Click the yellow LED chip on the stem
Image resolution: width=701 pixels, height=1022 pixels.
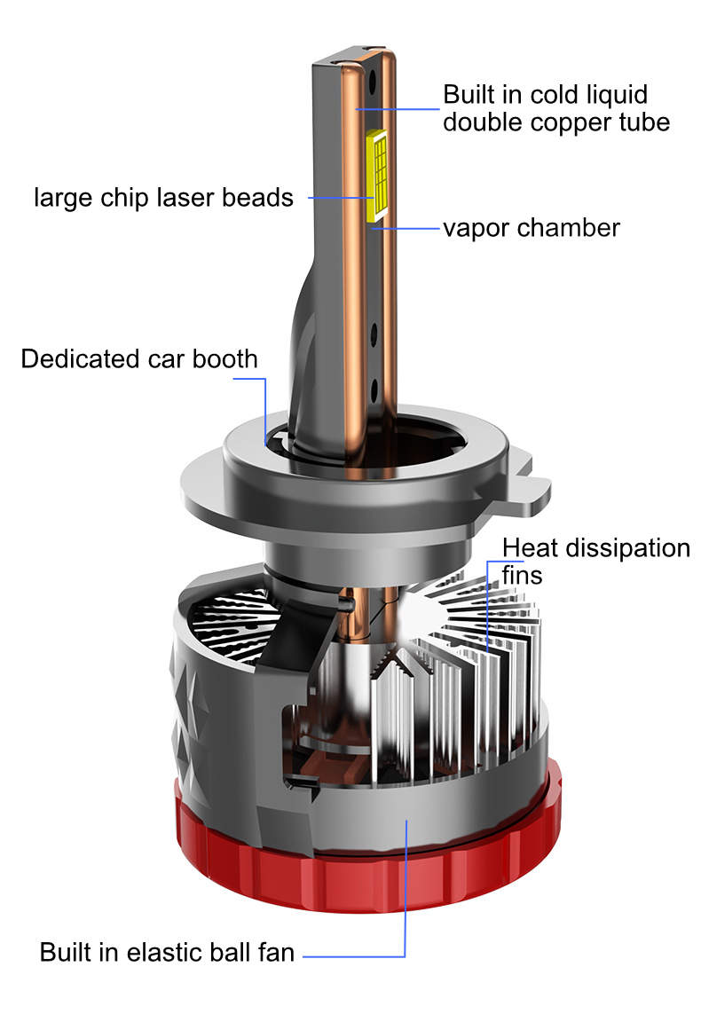[377, 173]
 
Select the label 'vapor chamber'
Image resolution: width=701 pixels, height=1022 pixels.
[532, 229]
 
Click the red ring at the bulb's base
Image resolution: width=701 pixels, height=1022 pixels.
[368, 861]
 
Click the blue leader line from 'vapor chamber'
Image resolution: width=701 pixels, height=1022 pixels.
[406, 229]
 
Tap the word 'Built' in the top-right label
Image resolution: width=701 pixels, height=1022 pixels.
[469, 95]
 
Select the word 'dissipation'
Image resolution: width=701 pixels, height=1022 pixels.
[627, 548]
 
